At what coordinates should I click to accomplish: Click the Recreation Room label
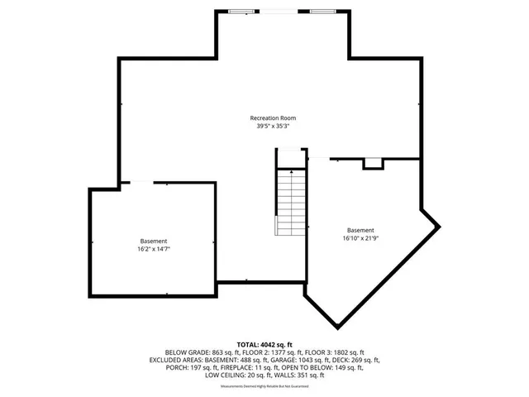coord(273,118)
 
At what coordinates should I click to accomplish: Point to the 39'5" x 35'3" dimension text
coord(273,127)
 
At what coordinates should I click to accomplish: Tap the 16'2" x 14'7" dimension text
coord(155,248)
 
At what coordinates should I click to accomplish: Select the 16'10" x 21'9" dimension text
coord(360,238)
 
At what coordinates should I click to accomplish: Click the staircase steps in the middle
coord(291,202)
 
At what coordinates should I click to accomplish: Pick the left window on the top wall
coord(241,11)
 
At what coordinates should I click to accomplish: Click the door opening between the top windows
coord(281,11)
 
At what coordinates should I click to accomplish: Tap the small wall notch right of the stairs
coord(374,163)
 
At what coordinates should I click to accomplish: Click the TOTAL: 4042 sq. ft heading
coord(264,344)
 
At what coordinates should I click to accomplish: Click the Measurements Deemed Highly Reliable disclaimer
coord(264,386)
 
